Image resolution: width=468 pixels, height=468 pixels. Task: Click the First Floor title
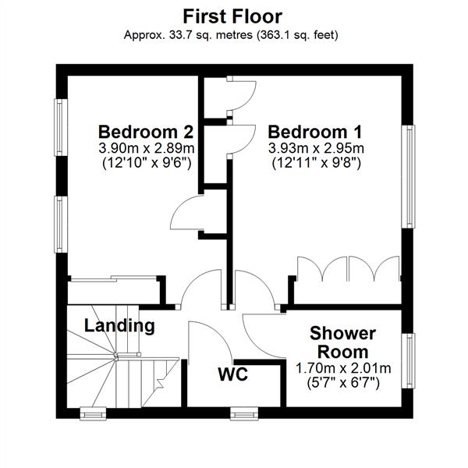[232, 16]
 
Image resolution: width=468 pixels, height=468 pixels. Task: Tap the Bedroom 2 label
[147, 132]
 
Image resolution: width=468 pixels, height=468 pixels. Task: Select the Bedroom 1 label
[315, 132]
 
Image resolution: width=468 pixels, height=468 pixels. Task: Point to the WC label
[233, 374]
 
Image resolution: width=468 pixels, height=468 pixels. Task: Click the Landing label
[119, 325]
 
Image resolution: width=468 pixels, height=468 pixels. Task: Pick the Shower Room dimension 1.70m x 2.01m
[343, 368]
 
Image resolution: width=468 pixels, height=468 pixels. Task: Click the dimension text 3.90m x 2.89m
[147, 148]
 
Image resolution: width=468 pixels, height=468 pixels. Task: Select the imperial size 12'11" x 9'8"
[317, 163]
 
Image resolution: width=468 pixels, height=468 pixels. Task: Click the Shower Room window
[408, 360]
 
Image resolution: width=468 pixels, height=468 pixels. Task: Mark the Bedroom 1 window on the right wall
[408, 177]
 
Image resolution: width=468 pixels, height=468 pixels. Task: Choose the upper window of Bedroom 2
[61, 127]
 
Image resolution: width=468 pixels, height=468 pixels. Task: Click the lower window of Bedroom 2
[61, 225]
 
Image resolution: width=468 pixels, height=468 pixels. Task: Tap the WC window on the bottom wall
[244, 414]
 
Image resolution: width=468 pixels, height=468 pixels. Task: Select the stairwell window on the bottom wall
[93, 414]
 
